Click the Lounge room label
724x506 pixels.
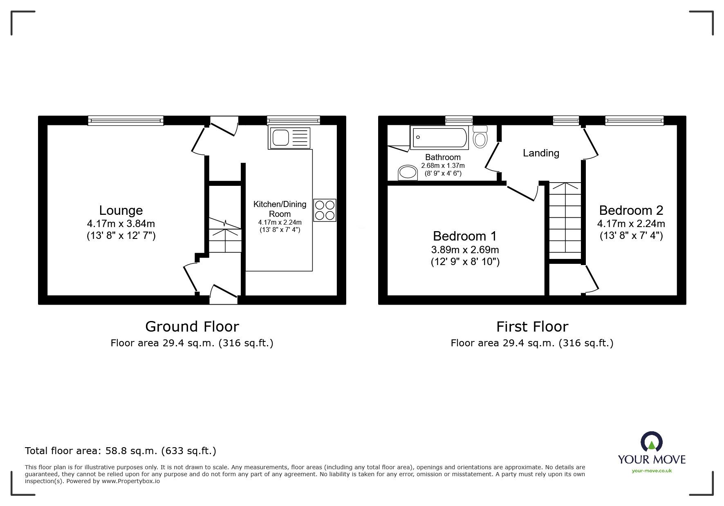(121, 210)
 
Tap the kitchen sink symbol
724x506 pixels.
(289, 137)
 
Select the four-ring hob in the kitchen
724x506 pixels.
(325, 210)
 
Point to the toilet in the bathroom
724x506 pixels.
(480, 136)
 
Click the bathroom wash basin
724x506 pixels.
(408, 172)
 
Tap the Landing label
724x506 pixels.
(541, 153)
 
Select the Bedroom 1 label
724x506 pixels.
(465, 236)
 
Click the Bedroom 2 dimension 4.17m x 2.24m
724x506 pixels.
(631, 224)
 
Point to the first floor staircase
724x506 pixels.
(565, 221)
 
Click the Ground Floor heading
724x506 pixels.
(192, 327)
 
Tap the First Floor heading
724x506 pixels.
(532, 327)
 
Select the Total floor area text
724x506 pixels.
(121, 451)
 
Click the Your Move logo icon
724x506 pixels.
(651, 442)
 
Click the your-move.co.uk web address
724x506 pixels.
(652, 471)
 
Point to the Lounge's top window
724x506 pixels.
(126, 120)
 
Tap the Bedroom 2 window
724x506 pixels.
(634, 120)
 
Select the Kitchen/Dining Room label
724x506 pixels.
(280, 209)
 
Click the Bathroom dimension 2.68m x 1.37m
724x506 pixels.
(443, 166)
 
